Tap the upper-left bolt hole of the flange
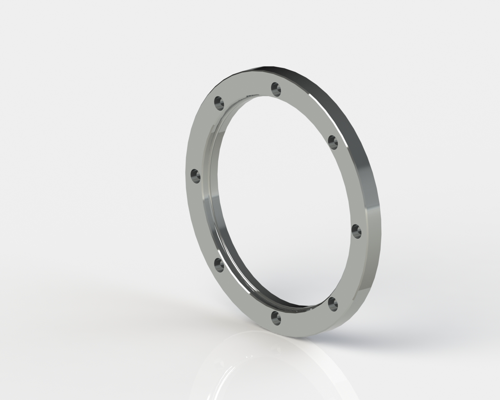[x=219, y=103]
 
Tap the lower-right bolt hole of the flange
[x=332, y=303]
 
